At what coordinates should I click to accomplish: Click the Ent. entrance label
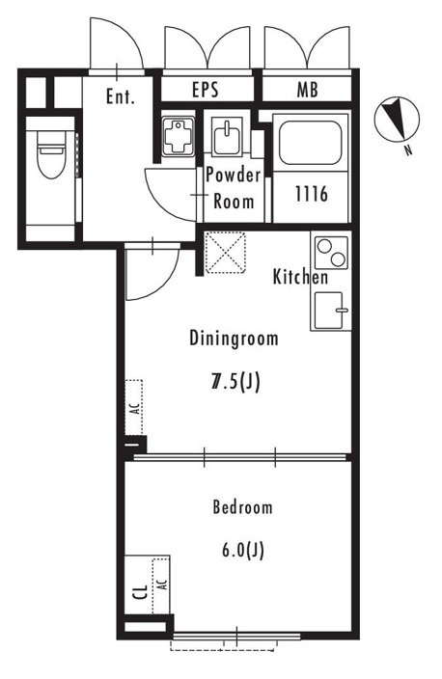[x=120, y=96]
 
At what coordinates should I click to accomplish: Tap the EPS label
[x=206, y=90]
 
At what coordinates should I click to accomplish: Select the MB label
[x=307, y=90]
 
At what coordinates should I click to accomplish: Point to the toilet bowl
[x=51, y=154]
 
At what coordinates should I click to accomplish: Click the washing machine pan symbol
[x=177, y=137]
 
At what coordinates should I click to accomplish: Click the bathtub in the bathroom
[x=310, y=143]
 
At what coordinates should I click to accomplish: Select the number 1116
[x=312, y=194]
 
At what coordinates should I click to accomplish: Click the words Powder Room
[x=234, y=188]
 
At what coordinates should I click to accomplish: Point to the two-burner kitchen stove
[x=332, y=253]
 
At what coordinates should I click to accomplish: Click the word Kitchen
[x=300, y=277]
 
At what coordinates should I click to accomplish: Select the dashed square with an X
[x=225, y=253]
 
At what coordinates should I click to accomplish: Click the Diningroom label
[x=234, y=339]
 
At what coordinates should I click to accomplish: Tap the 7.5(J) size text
[x=235, y=382]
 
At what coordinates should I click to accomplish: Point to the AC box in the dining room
[x=134, y=407]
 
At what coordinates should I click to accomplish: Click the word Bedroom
[x=242, y=507]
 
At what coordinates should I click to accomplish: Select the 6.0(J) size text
[x=242, y=551]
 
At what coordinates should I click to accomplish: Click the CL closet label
[x=140, y=592]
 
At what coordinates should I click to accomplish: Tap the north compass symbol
[x=397, y=119]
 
